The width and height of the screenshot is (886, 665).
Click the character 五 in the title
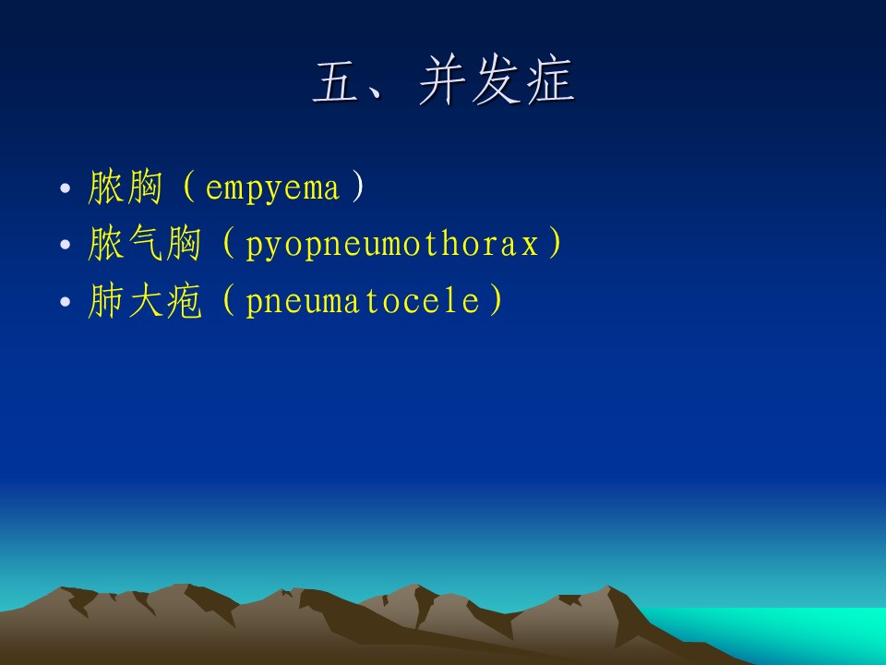point(336,82)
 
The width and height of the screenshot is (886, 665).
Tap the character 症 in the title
point(551,80)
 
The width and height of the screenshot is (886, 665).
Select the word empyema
point(272,188)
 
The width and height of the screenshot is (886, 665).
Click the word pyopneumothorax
point(391,245)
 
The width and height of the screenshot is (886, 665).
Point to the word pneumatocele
point(364,301)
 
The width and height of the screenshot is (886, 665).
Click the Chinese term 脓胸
point(125,187)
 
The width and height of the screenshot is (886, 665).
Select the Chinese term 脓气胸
point(145,243)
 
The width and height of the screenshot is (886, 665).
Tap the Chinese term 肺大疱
point(145,300)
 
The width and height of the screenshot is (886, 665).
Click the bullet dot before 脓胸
point(66,187)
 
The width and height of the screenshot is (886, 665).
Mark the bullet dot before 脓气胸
point(66,244)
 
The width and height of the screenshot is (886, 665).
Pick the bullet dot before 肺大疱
point(66,301)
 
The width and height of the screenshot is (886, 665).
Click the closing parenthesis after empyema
point(358,187)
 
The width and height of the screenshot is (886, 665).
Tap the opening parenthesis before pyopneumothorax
point(228,243)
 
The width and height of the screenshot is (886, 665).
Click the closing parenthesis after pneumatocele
point(497,299)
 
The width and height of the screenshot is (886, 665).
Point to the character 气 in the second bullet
point(145,243)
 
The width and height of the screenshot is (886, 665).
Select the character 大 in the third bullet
point(145,300)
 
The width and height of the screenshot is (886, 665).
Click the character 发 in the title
point(497,80)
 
